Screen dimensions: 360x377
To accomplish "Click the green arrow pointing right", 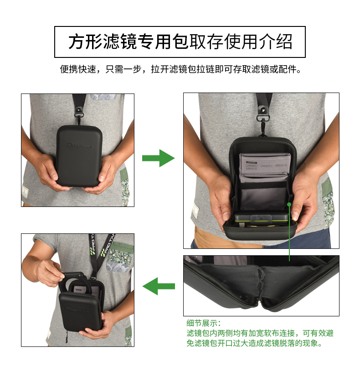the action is pyautogui.click(x=159, y=158).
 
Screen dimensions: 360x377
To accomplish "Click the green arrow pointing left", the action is pyautogui.click(x=159, y=286).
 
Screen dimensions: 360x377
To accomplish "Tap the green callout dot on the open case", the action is pyautogui.click(x=289, y=204).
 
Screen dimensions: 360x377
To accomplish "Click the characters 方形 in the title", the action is pyautogui.click(x=86, y=42).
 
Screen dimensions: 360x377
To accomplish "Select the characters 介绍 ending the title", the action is pyautogui.click(x=275, y=42).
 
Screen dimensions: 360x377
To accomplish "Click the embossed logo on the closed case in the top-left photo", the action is pyautogui.click(x=79, y=145).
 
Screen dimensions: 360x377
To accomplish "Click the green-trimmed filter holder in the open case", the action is pyautogui.click(x=261, y=218).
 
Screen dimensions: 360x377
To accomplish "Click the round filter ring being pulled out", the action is pyautogui.click(x=75, y=284).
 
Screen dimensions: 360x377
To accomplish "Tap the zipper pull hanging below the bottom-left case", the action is pyautogui.click(x=67, y=336).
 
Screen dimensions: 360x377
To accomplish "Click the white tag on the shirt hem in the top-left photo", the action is pyautogui.click(x=25, y=192).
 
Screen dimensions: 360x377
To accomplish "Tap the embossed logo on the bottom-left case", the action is pyautogui.click(x=77, y=310).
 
